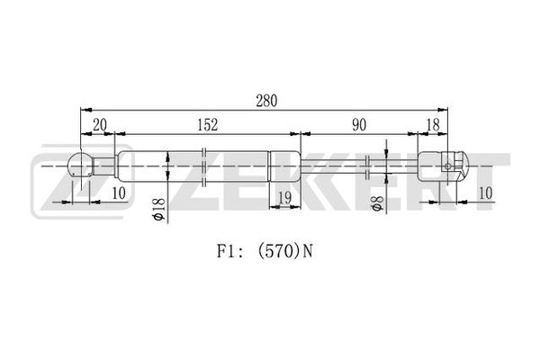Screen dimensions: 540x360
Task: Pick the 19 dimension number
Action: pos(284,196)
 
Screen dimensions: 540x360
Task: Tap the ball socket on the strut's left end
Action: pos(83,166)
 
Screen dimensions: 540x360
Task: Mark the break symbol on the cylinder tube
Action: pos(206,166)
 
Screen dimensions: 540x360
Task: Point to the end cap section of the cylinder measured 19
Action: pos(284,166)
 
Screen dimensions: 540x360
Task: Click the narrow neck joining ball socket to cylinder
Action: pos(106,166)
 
